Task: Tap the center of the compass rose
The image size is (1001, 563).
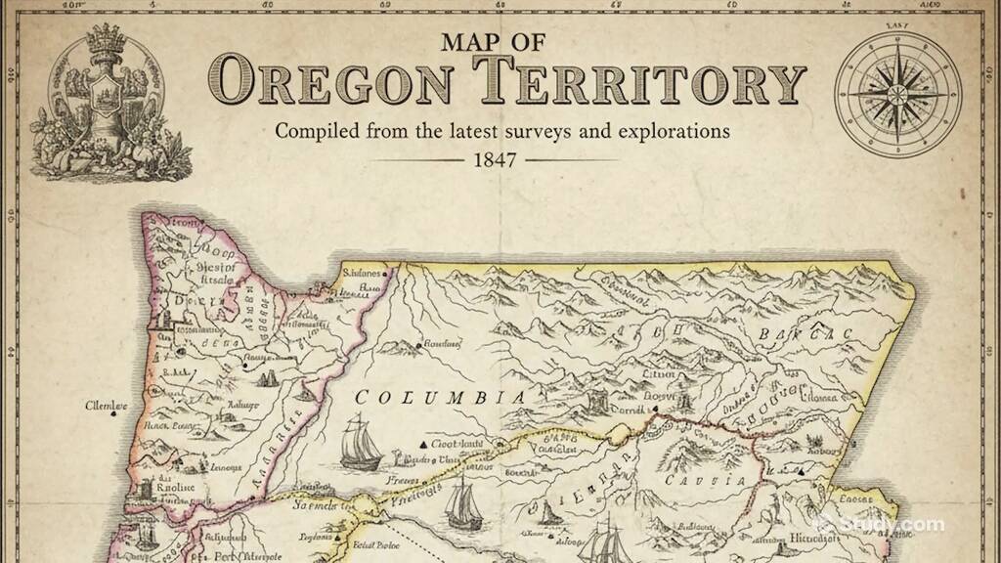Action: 896,92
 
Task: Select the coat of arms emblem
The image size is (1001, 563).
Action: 98,98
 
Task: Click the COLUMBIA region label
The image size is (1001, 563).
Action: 440,398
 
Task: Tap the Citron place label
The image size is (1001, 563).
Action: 660,373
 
